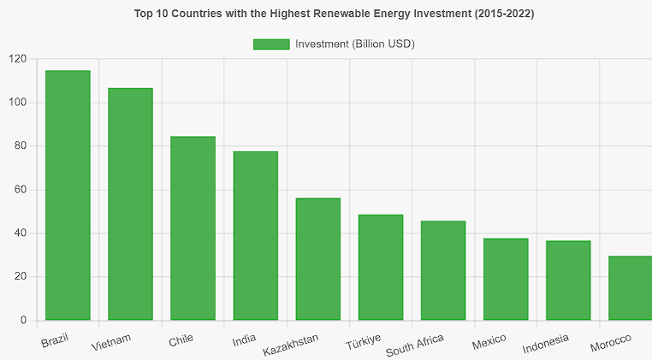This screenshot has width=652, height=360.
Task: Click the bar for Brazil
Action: tap(68, 196)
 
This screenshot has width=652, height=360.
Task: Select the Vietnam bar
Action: tap(130, 204)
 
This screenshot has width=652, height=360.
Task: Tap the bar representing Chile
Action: tap(193, 228)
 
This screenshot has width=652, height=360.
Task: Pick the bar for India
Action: tap(256, 236)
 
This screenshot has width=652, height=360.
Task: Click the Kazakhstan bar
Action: tap(318, 259)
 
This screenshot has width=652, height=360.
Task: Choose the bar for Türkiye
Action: tap(381, 268)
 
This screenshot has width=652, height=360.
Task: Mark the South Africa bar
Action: tap(443, 271)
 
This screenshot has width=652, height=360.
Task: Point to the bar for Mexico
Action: tap(506, 280)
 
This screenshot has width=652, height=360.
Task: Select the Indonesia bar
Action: tap(568, 280)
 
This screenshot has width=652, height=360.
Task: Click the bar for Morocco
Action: tap(631, 288)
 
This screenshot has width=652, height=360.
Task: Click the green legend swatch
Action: tap(271, 44)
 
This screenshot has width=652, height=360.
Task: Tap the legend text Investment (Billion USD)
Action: tap(354, 44)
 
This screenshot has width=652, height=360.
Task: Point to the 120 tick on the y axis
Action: tap(18, 59)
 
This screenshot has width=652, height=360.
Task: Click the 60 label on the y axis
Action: tap(21, 190)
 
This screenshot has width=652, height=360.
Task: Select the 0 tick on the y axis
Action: tap(24, 321)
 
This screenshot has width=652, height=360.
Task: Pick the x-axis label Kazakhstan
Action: tap(291, 345)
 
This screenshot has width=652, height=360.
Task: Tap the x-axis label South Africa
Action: tap(415, 345)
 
